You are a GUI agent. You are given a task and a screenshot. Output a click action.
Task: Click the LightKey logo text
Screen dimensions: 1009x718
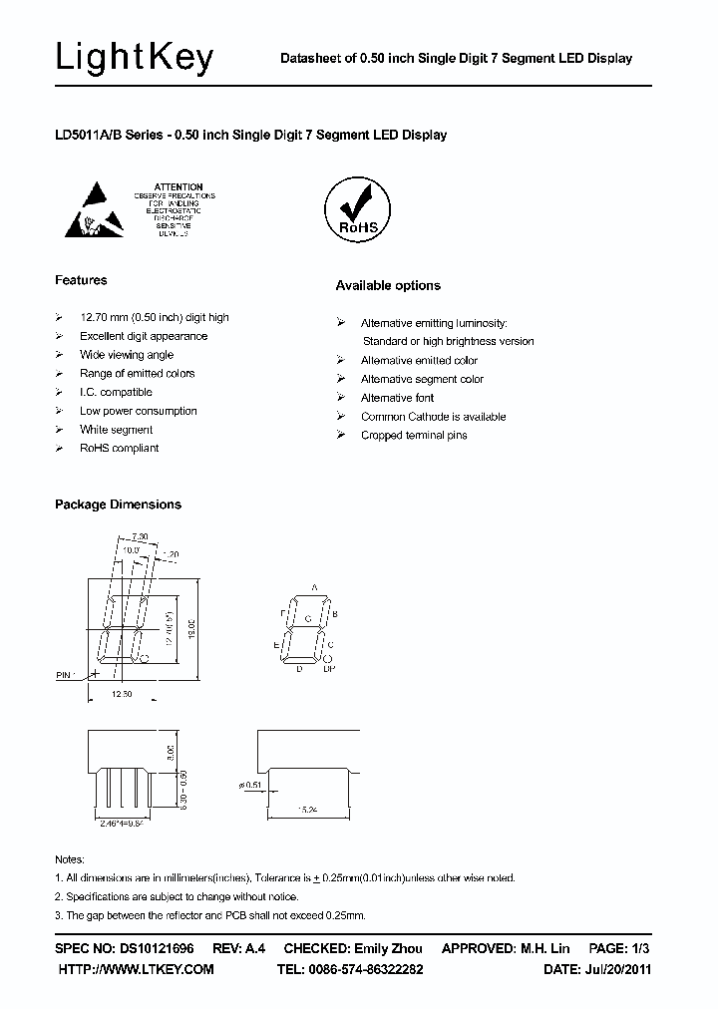(x=135, y=59)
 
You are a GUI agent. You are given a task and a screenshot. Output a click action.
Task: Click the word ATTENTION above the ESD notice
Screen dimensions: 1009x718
(x=179, y=186)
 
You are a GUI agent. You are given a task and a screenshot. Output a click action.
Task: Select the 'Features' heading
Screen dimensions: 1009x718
(x=81, y=280)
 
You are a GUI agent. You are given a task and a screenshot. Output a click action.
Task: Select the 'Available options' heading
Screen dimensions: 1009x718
(x=388, y=286)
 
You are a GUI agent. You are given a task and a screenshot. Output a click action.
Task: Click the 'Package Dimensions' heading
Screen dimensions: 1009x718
(x=118, y=504)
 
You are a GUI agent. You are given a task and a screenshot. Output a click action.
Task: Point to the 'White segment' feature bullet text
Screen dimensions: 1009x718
(x=117, y=430)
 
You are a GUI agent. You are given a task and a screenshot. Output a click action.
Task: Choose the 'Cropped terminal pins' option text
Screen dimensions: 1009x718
(x=414, y=436)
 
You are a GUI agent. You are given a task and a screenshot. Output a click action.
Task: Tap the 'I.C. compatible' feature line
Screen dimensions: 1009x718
(x=116, y=392)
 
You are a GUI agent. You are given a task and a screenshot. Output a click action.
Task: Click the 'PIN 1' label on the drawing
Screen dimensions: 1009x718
(x=66, y=676)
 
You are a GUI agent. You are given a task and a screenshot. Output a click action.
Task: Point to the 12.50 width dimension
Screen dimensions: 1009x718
(x=122, y=694)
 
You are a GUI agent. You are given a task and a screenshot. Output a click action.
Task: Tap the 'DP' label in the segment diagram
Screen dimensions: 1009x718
(x=329, y=669)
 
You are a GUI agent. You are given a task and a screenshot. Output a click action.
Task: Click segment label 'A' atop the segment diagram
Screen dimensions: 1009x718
(x=314, y=588)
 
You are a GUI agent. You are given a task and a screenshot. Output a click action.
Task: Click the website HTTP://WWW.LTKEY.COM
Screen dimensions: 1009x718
(x=137, y=969)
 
